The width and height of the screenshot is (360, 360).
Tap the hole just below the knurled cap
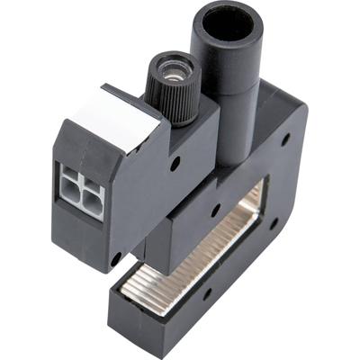coord(176,164)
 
